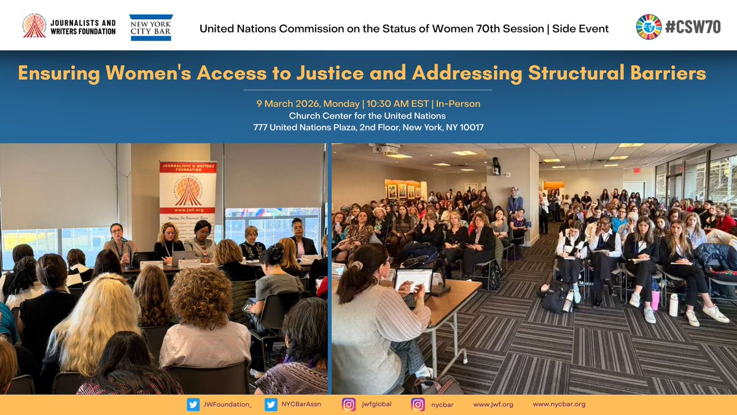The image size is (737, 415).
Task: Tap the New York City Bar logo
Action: click(151, 28)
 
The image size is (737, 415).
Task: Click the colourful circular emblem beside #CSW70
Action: click(649, 27)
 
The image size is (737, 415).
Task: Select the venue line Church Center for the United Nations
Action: click(367, 116)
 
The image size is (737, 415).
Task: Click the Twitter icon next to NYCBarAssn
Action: click(271, 405)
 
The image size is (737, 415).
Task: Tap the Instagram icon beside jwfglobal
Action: click(349, 405)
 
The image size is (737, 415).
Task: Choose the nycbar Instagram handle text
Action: click(443, 405)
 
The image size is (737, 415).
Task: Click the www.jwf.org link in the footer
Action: click(493, 405)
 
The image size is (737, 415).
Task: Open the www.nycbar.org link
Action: click(559, 405)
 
